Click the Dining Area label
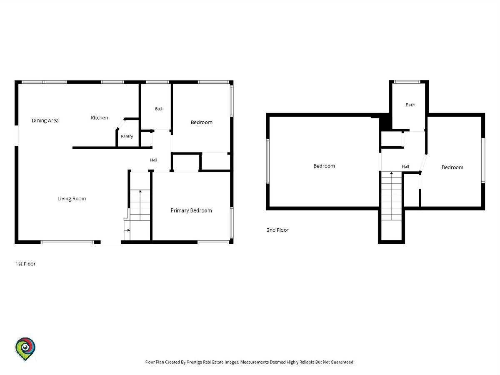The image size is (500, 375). pyautogui.click(x=45, y=120)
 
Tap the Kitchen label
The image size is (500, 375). pyautogui.click(x=99, y=118)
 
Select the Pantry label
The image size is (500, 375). pyautogui.click(x=127, y=136)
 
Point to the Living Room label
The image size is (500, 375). pyautogui.click(x=72, y=199)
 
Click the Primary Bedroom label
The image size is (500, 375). pyautogui.click(x=191, y=210)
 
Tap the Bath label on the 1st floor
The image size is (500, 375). pyautogui.click(x=159, y=109)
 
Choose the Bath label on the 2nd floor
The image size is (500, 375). pyautogui.click(x=410, y=105)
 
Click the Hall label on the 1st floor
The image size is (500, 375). pyautogui.click(x=153, y=160)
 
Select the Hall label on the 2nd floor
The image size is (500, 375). pyautogui.click(x=405, y=167)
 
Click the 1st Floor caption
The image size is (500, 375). pyautogui.click(x=25, y=264)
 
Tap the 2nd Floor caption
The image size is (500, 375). pyautogui.click(x=277, y=230)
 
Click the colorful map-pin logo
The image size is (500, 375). pyautogui.click(x=25, y=349)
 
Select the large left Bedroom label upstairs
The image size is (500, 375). pyautogui.click(x=324, y=166)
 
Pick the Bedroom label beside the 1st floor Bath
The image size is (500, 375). pyautogui.click(x=201, y=122)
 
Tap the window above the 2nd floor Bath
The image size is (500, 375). pyautogui.click(x=407, y=82)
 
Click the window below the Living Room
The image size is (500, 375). pyautogui.click(x=67, y=242)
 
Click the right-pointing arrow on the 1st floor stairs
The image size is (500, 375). pyautogui.click(x=128, y=230)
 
